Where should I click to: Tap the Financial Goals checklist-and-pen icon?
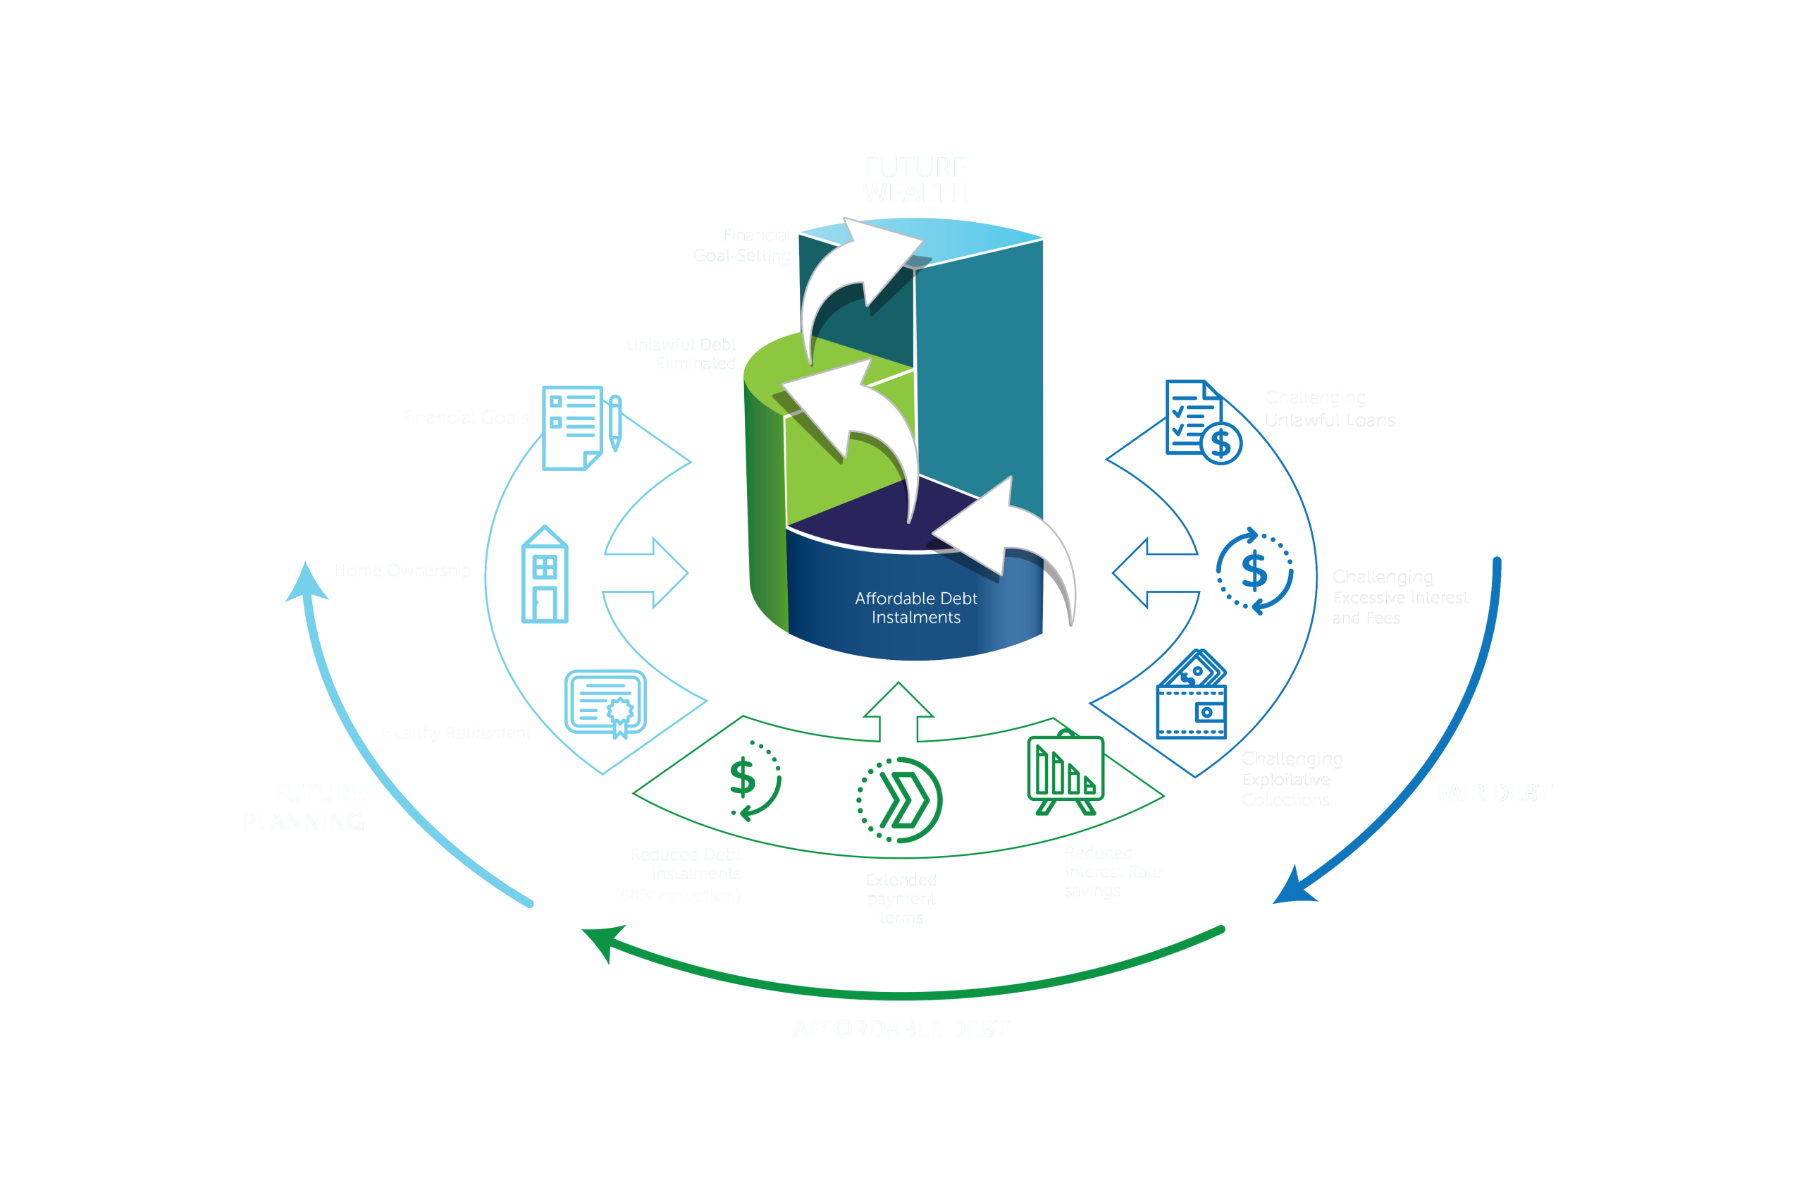(x=581, y=427)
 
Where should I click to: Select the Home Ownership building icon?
(x=544, y=575)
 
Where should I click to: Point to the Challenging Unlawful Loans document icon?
(x=1202, y=422)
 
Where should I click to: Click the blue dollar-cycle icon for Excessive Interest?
(x=1254, y=571)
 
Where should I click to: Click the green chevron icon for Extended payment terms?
(x=900, y=800)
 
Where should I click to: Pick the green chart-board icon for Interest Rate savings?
(x=1065, y=773)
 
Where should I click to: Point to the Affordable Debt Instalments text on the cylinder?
(x=915, y=608)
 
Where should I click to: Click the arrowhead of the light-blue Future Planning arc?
(x=307, y=582)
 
